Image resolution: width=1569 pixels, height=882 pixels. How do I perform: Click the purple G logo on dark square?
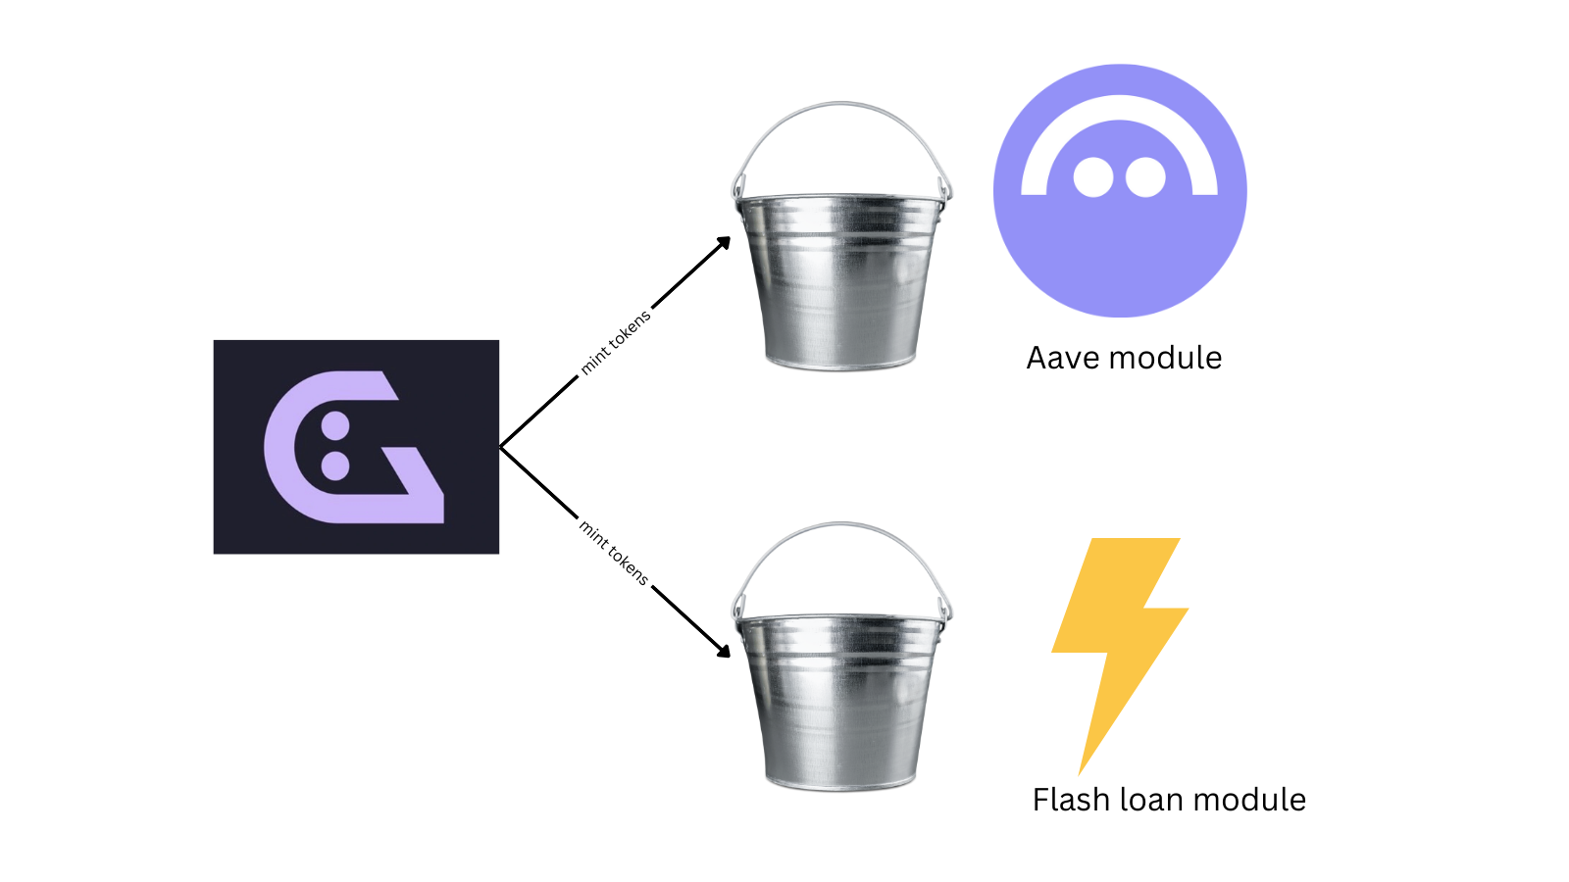355,447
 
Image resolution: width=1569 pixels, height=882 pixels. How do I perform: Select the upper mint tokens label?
615,343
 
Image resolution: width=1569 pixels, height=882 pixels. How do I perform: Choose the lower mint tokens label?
614,553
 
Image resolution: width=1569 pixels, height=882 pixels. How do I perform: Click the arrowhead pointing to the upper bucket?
724,243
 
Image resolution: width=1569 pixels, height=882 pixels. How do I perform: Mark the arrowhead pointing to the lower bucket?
724,651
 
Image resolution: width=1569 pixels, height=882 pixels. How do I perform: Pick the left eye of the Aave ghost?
1093,178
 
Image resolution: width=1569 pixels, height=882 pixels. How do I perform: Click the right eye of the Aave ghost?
1145,178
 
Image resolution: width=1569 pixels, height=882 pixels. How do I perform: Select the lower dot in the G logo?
335,465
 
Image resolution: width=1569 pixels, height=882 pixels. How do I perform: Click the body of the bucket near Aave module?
841,284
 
